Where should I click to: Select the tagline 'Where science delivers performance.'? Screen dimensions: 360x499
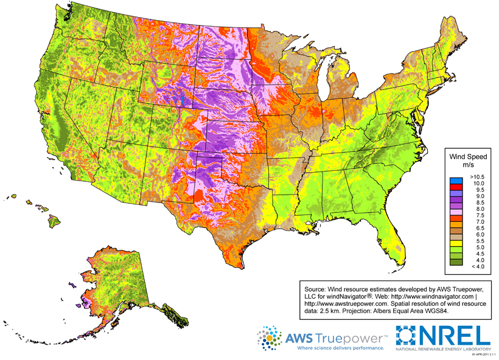coord(340,350)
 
